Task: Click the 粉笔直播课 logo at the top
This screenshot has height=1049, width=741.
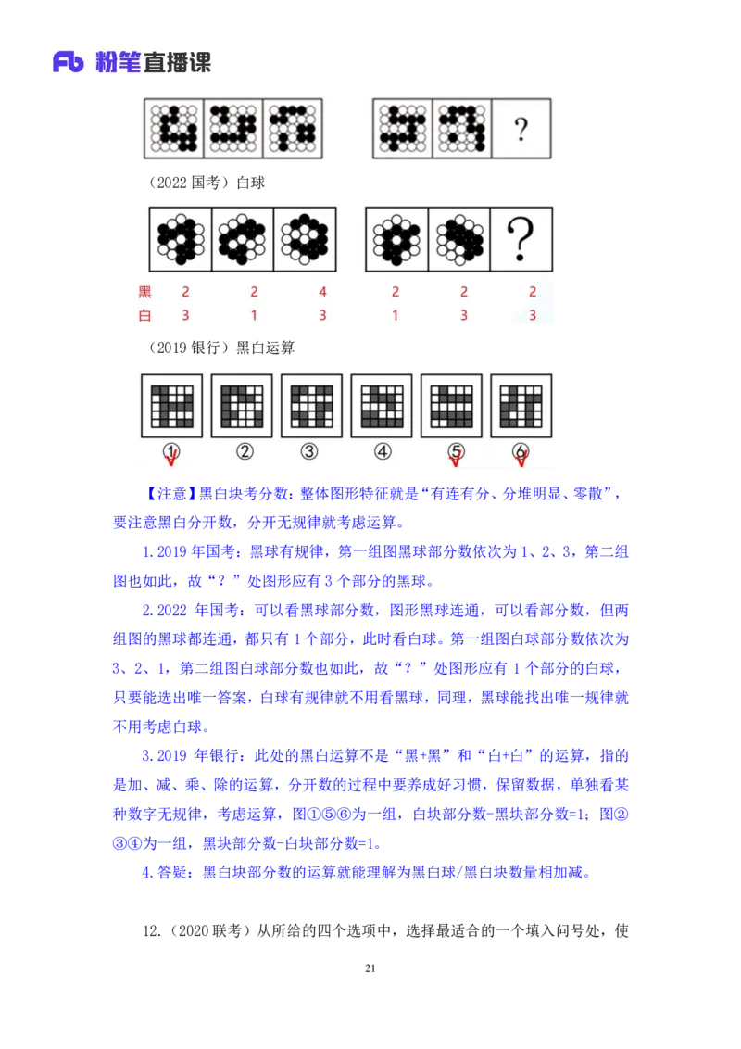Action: (x=130, y=63)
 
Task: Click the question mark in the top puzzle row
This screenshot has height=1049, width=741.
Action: (x=521, y=129)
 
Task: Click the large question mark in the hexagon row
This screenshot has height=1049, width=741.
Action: (x=521, y=239)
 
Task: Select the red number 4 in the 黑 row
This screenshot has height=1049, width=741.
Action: (x=322, y=292)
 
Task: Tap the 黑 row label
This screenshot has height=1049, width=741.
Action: (x=144, y=292)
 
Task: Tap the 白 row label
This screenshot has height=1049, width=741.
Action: (x=144, y=315)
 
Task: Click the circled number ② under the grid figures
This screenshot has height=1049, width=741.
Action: (x=245, y=451)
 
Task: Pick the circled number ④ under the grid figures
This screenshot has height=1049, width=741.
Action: (x=383, y=451)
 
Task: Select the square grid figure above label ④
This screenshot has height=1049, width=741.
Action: (x=382, y=405)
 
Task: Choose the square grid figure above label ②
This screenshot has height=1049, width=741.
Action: (x=242, y=405)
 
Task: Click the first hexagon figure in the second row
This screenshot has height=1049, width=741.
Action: (x=181, y=239)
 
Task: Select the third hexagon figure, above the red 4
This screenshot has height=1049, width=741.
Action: (x=305, y=239)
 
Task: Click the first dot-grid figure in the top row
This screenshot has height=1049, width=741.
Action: (x=174, y=129)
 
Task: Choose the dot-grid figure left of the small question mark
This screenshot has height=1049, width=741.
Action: (x=461, y=129)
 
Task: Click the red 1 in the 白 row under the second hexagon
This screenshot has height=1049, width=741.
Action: (x=254, y=315)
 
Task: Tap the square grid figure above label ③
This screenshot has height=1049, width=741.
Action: (x=311, y=405)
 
